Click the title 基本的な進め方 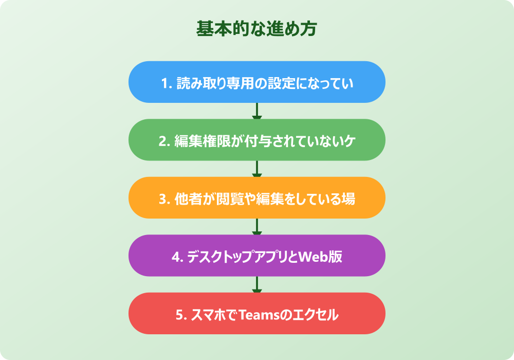pos(256,29)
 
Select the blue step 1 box pos(256,82)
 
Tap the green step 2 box pos(256,140)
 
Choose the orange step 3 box pos(256,198)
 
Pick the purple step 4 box pos(256,256)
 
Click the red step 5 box pos(256,314)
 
